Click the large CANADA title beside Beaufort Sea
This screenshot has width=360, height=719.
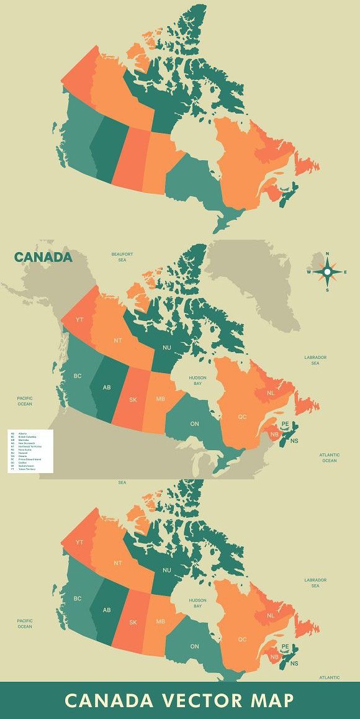coord(43,257)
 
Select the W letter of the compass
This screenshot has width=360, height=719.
coord(308,272)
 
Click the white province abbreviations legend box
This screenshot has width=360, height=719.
coord(29,451)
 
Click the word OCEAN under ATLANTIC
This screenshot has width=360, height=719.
coord(329,461)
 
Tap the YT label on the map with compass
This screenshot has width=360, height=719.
coord(79,320)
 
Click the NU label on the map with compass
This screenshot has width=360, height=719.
coord(167,348)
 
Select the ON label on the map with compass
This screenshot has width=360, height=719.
coord(194,423)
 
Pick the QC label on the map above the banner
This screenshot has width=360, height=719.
coord(242,639)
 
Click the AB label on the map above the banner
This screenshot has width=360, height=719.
coord(107,610)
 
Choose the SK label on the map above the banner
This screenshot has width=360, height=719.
coord(133,623)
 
